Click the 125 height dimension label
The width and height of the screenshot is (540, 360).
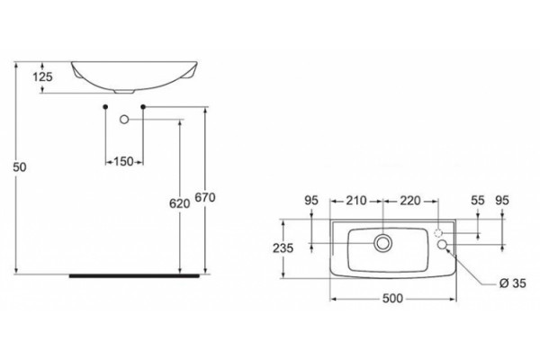(x=42, y=76)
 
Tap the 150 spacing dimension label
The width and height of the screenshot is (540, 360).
(x=123, y=161)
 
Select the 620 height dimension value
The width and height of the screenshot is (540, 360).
(x=179, y=203)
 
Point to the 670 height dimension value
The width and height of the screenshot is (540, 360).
(x=205, y=197)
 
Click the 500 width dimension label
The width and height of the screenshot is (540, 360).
(x=392, y=298)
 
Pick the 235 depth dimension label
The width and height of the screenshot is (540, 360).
(x=283, y=248)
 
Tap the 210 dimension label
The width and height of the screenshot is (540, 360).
(x=356, y=200)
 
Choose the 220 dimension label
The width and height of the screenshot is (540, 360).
(x=409, y=200)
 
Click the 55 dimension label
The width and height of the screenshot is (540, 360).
(x=478, y=200)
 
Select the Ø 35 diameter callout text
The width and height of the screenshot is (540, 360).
(x=513, y=283)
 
